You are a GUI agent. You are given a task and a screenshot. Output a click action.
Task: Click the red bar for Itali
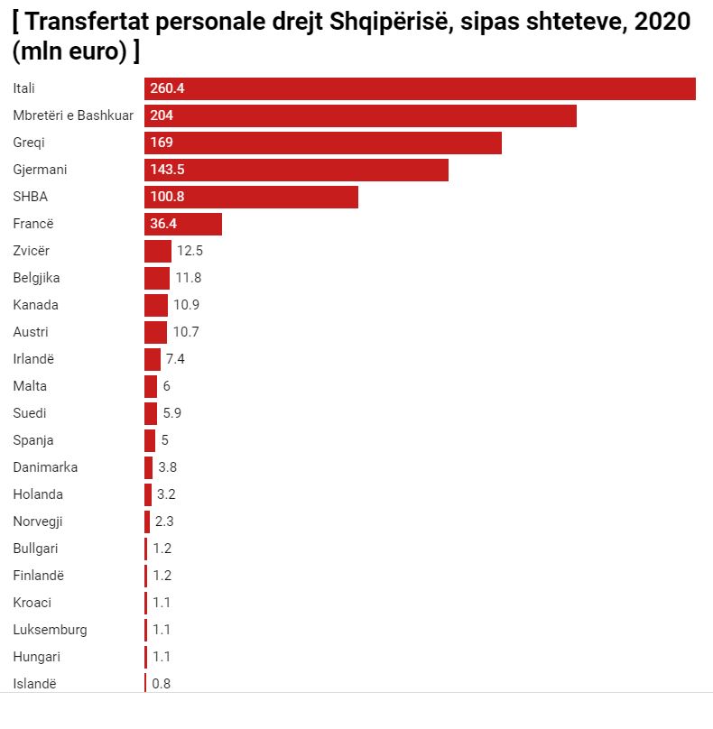(420, 88)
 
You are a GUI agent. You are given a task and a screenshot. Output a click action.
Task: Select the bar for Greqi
(322, 143)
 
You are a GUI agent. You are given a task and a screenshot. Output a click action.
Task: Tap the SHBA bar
(251, 197)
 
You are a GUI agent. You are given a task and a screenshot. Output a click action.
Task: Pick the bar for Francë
(182, 224)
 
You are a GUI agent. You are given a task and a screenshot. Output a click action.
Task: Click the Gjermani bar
(296, 170)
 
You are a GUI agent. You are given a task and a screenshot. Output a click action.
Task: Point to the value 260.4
(168, 88)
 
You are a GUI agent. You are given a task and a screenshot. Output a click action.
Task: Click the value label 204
(162, 115)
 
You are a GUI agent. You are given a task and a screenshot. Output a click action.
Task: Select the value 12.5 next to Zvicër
(190, 251)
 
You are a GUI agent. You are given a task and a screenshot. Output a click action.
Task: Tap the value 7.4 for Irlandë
(175, 359)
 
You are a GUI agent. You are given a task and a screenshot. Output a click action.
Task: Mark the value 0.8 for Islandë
(162, 684)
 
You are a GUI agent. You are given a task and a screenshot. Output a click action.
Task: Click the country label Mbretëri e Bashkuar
(73, 115)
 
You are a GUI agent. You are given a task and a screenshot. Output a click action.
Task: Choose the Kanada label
(36, 305)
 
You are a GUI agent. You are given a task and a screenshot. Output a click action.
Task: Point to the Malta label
(30, 386)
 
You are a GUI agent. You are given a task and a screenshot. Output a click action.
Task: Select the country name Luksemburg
(51, 630)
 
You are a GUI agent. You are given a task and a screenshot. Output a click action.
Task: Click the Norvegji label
(38, 521)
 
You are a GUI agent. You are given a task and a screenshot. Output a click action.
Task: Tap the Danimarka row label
(45, 467)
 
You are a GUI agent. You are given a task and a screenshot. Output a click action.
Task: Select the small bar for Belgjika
(157, 278)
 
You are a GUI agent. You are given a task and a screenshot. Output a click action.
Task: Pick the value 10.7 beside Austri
(186, 332)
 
